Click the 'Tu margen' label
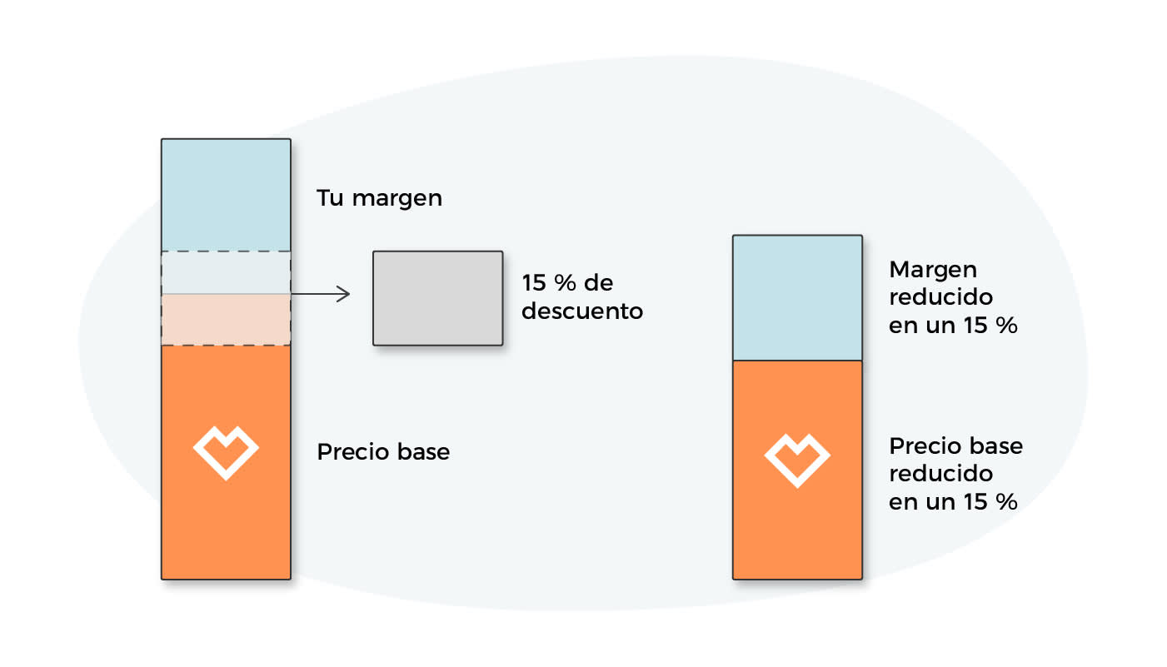pyautogui.click(x=379, y=198)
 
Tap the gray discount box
pyautogui.click(x=437, y=298)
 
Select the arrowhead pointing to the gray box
pyautogui.click(x=343, y=294)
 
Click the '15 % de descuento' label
pyautogui.click(x=582, y=297)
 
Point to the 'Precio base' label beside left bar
pyautogui.click(x=383, y=452)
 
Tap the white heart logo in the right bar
pyautogui.click(x=797, y=460)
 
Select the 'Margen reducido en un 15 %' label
pyautogui.click(x=953, y=297)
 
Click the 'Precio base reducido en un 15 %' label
pyautogui.click(x=955, y=474)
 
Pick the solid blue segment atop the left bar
pyautogui.click(x=226, y=195)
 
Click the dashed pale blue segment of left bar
pyautogui.click(x=226, y=273)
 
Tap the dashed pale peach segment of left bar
pyautogui.click(x=226, y=320)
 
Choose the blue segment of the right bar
pyautogui.click(x=797, y=298)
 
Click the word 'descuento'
pyautogui.click(x=582, y=311)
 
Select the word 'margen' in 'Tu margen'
pyautogui.click(x=397, y=199)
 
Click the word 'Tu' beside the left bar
pyautogui.click(x=330, y=198)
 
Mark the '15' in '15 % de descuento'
pyautogui.click(x=533, y=283)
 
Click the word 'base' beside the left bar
pyautogui.click(x=423, y=452)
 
